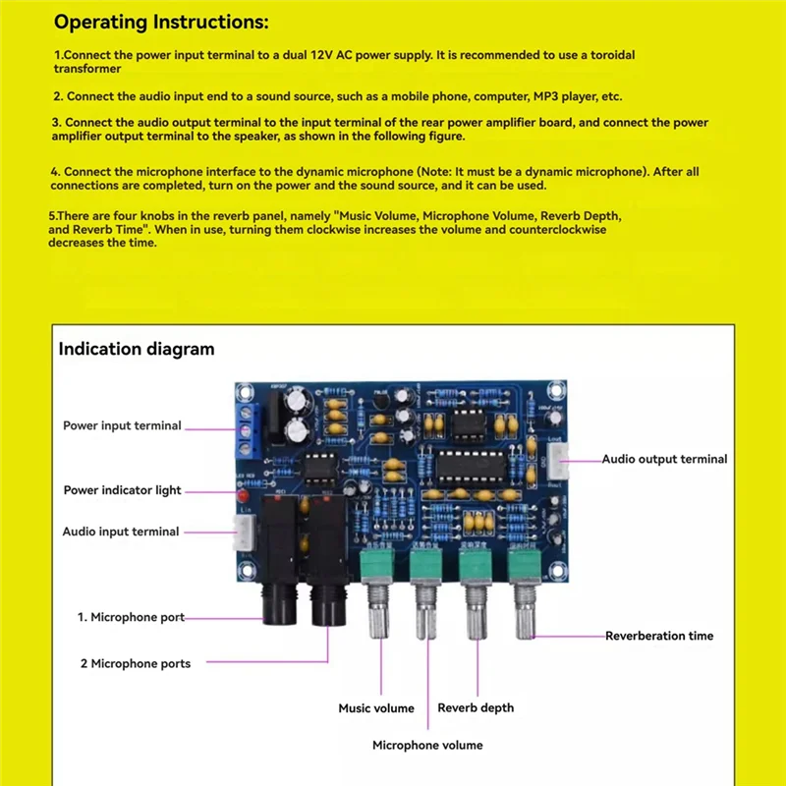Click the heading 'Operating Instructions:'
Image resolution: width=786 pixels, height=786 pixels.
tap(160, 22)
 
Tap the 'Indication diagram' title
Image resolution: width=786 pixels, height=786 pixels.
tap(137, 349)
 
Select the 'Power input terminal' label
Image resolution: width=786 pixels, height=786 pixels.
tap(122, 425)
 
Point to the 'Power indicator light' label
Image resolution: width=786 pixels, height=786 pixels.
tap(122, 490)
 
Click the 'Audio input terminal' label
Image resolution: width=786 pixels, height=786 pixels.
tap(121, 532)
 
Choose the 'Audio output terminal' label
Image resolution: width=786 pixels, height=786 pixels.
tap(664, 459)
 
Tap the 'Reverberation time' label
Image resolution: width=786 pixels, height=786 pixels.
tap(659, 636)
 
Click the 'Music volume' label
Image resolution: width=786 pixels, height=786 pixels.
tap(376, 708)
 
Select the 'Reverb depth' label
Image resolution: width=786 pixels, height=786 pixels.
tap(476, 707)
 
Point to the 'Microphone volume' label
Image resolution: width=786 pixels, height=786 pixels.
tap(427, 745)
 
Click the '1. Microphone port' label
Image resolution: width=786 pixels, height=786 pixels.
tap(131, 617)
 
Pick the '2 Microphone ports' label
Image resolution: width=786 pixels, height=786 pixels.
tap(136, 664)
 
